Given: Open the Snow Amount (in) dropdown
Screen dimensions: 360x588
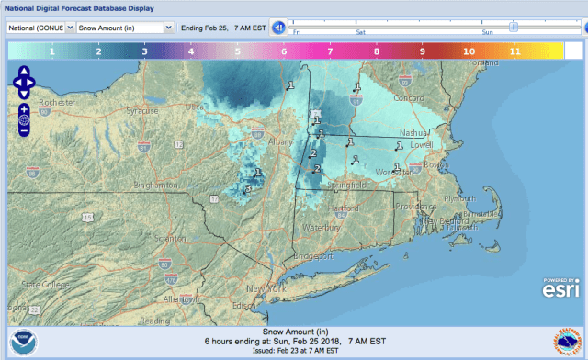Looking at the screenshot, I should click(x=124, y=28).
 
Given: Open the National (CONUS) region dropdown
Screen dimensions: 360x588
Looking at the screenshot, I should click(x=38, y=28).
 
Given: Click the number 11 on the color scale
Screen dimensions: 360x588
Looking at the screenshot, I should click(x=514, y=52).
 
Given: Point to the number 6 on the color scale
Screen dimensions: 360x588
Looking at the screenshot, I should click(x=283, y=52).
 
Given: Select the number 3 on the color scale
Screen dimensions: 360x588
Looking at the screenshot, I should click(x=143, y=52).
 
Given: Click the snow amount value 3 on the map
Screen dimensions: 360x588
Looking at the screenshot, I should click(x=247, y=189).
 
